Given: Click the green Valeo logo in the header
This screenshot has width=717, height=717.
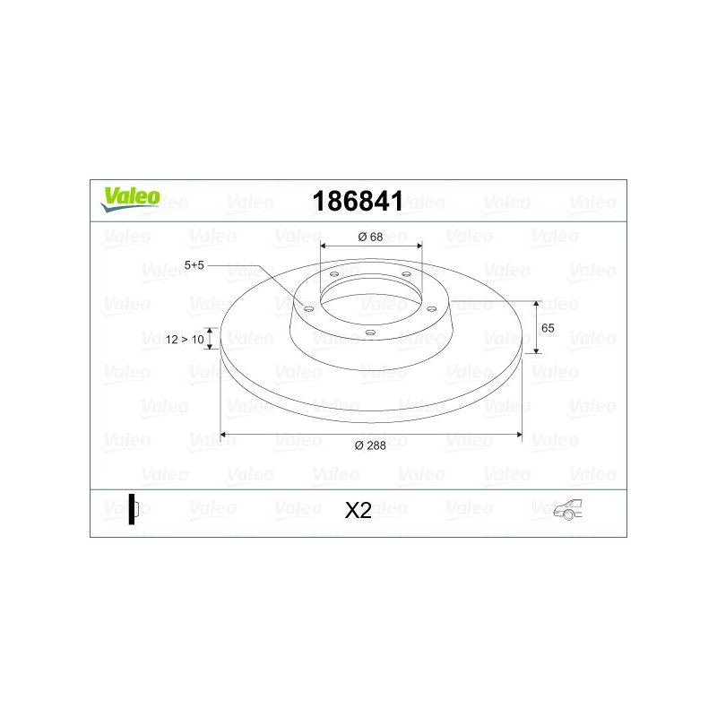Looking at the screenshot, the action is (x=130, y=199).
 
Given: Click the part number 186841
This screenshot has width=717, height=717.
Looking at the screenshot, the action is (x=358, y=201).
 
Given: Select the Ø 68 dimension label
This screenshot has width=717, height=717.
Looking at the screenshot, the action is (x=370, y=237).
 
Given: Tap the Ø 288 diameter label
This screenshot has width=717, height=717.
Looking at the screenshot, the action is (x=370, y=445).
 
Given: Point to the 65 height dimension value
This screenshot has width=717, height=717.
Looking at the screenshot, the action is (x=548, y=328).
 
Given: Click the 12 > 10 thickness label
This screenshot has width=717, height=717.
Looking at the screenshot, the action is (x=185, y=340).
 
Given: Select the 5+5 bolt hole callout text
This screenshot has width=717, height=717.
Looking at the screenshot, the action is (x=194, y=265).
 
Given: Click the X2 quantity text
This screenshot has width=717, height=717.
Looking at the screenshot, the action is (x=358, y=510).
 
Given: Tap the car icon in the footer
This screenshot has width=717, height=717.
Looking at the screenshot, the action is (x=568, y=509).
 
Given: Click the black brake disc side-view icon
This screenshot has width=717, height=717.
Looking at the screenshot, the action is (x=133, y=509).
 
